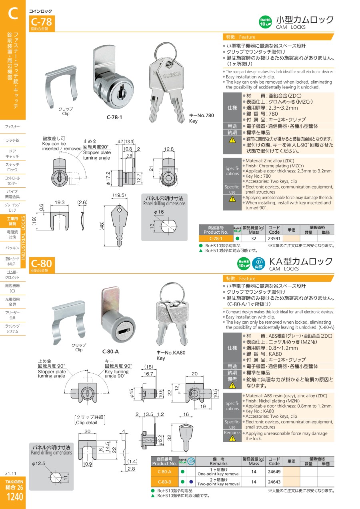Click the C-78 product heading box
pos(42,23)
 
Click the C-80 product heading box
pos(42,265)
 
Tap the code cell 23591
pos(274,238)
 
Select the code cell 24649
pos(274,471)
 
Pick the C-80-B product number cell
pos(164,482)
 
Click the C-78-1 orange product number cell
pos(216,238)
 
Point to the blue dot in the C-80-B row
pos(191,482)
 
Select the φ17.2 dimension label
pos(108,178)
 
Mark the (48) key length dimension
pos(102,226)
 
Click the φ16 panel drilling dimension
pos(159,212)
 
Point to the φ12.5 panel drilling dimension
pos(39,463)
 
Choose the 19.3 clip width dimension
pos(60,202)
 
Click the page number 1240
pos(14,497)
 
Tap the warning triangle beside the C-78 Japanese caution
pos(232,140)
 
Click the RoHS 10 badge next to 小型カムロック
pos(265,22)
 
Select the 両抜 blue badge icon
pos(258,264)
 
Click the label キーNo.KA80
pos(171,353)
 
